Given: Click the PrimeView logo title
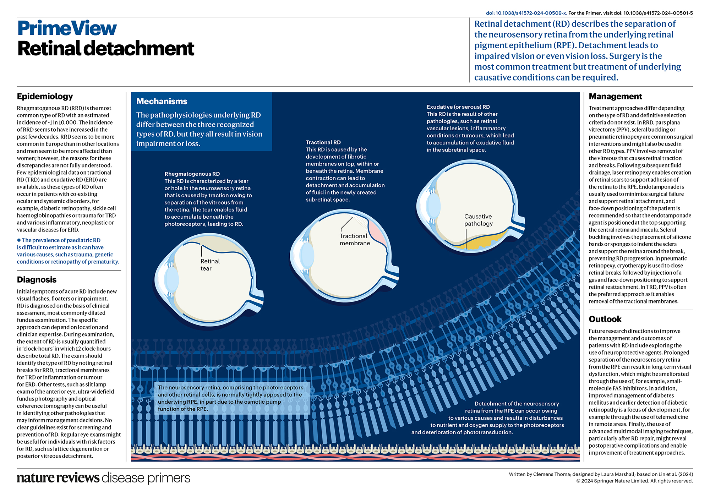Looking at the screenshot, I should [67, 28].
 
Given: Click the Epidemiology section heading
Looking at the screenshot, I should [45, 96].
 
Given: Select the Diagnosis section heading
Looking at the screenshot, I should [37, 280].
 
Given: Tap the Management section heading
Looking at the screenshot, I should [615, 96].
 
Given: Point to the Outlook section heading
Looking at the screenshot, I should [605, 319].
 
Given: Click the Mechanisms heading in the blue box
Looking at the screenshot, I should [162, 102].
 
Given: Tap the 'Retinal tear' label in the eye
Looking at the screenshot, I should [210, 265].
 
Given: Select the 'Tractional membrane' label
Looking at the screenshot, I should [355, 240].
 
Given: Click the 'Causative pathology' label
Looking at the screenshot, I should [478, 220].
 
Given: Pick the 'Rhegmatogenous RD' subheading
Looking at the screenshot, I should [192, 174].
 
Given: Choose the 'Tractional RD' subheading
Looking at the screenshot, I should [323, 142].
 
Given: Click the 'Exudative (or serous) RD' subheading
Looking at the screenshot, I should [458, 107].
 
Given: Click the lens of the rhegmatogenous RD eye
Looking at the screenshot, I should [171, 280].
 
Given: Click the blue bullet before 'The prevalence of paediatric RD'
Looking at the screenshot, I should [19, 240].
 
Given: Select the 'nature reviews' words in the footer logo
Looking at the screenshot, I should [58, 478].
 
